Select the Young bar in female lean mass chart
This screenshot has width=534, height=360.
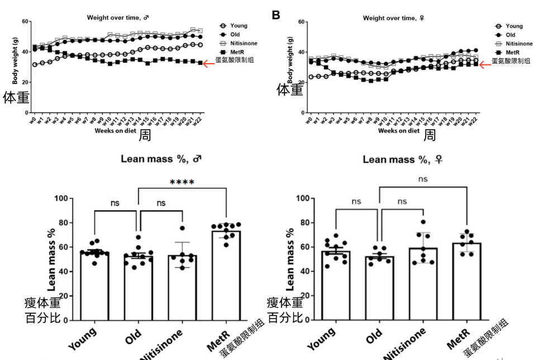(336, 286)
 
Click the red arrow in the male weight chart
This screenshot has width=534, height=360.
(208, 64)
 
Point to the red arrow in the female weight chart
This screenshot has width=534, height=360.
(484, 64)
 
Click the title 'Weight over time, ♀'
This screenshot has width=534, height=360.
(393, 18)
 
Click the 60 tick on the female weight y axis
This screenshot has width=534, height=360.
(300, 22)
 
